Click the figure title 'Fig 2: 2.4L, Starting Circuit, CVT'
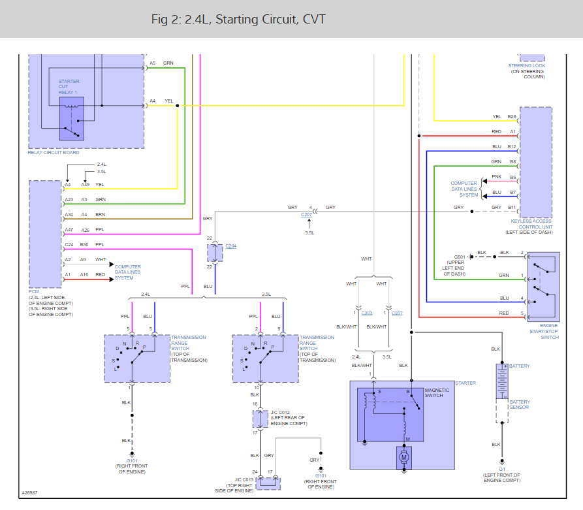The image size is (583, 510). [x=238, y=20]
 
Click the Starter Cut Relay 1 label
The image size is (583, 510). [x=69, y=87]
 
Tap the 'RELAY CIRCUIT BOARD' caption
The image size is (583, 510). [x=54, y=153]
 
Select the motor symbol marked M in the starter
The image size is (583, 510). [x=403, y=457]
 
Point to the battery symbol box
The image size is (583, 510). [x=501, y=381]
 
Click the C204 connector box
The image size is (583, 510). [x=215, y=252]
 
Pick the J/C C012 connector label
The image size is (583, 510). [x=288, y=417]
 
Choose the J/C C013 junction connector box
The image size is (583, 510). [x=268, y=483]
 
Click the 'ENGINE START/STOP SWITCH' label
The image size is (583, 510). [x=549, y=331]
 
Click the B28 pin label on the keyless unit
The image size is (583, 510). [x=512, y=117]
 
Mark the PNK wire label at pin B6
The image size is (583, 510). [x=497, y=177]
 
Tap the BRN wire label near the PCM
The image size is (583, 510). [x=100, y=214]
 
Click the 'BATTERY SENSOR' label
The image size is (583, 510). [x=520, y=404]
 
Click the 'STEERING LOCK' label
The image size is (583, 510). [x=526, y=66]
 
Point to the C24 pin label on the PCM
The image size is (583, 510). [x=69, y=245]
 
